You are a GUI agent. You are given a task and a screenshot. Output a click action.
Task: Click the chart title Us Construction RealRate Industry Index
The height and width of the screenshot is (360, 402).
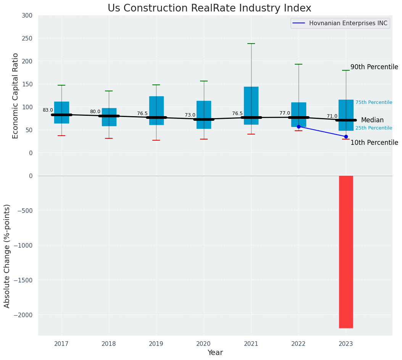(x=209, y=8)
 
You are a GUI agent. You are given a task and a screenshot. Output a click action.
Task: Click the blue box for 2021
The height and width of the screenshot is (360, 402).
(x=251, y=105)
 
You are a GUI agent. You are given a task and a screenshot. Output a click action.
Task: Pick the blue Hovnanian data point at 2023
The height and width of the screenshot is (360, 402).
(x=346, y=136)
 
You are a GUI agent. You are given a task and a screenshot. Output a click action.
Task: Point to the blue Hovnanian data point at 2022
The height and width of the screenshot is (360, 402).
(x=299, y=126)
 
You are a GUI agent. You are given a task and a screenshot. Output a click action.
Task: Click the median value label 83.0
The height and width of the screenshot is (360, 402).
(x=48, y=110)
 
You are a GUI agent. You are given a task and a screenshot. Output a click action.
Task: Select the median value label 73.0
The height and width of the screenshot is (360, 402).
(x=190, y=115)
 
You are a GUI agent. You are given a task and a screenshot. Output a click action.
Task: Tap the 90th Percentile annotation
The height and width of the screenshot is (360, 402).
(x=374, y=67)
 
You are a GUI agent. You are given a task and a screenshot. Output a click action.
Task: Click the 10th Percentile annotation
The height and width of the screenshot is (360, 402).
(x=374, y=143)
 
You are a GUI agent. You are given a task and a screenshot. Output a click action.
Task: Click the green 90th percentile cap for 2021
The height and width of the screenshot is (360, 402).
(x=251, y=44)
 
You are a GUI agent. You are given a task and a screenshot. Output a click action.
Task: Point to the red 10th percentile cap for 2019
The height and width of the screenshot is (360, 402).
(x=156, y=140)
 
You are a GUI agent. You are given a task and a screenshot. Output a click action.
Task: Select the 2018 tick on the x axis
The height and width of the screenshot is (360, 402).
(x=109, y=344)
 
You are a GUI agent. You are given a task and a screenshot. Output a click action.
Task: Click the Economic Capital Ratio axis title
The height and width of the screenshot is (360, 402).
(x=16, y=96)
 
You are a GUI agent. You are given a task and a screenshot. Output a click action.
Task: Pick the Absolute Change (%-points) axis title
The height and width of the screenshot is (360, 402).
(x=7, y=256)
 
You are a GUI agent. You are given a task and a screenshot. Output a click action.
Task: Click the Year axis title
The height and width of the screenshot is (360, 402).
(x=215, y=353)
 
